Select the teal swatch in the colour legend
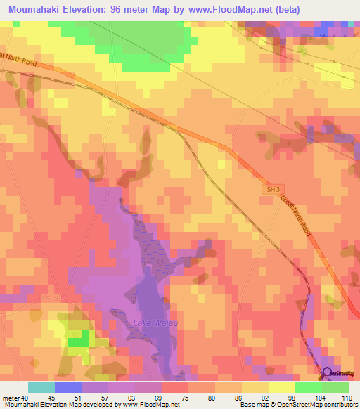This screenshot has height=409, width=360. coord(41,387)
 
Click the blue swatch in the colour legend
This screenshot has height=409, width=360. coord(68,387)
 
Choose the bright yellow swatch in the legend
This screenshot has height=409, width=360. coord(282,387)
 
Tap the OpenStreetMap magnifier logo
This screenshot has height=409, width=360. coord(327,375)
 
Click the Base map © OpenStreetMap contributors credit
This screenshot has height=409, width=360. coord(298,405)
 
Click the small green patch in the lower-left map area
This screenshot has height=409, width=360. coord(78,339)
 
